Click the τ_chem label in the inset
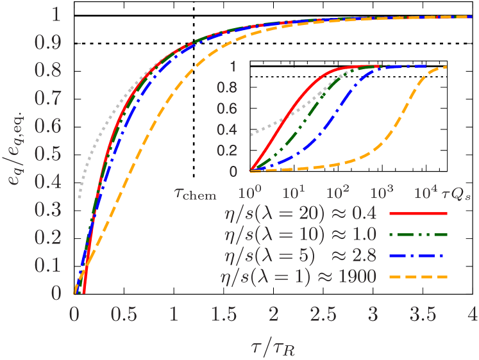[x=196, y=193]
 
